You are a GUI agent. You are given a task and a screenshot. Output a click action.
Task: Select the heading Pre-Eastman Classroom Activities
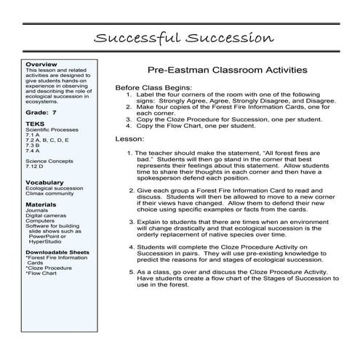[226, 70]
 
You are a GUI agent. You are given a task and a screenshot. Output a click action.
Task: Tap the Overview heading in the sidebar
[40, 64]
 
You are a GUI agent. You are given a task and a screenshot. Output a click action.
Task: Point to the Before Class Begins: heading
[153, 87]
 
